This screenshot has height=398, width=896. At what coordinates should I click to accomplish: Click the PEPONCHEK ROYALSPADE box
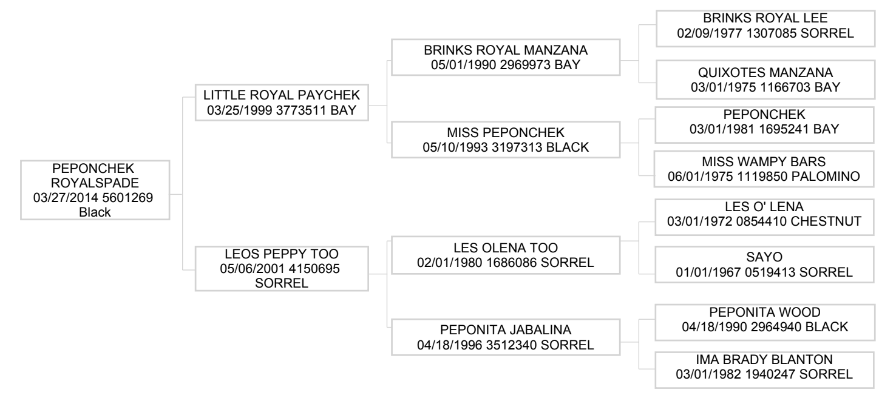click(x=95, y=191)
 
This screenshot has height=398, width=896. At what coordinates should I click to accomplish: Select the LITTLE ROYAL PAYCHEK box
click(x=282, y=103)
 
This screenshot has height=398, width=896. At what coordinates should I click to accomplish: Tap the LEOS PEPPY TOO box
click(x=282, y=269)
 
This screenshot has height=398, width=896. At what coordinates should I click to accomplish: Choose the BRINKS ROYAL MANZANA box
click(x=506, y=57)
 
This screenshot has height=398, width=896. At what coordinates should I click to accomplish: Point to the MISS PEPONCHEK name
click(x=506, y=133)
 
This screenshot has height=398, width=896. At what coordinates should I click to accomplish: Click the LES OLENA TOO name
click(x=506, y=248)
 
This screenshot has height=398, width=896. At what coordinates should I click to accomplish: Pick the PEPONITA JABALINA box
click(x=506, y=337)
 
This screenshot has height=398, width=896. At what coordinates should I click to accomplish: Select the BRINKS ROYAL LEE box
click(x=765, y=29)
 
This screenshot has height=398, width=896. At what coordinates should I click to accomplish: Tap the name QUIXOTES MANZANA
click(x=765, y=73)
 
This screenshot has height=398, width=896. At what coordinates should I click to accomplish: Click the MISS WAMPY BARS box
click(x=764, y=169)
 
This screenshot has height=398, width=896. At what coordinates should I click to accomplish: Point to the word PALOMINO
click(x=826, y=176)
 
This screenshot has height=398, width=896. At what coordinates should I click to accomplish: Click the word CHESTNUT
click(x=826, y=221)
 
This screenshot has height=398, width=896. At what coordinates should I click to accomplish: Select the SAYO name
click(x=764, y=257)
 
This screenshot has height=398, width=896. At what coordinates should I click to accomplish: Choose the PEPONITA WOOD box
click(x=765, y=323)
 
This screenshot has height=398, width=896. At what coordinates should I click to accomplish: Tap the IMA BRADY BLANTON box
click(x=764, y=370)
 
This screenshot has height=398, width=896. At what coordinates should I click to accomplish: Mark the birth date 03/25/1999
click(x=240, y=110)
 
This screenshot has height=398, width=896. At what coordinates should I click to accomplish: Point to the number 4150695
click(x=314, y=269)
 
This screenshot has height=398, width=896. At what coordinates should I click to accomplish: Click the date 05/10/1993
click(x=455, y=147)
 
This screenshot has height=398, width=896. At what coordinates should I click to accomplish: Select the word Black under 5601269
click(x=95, y=212)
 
